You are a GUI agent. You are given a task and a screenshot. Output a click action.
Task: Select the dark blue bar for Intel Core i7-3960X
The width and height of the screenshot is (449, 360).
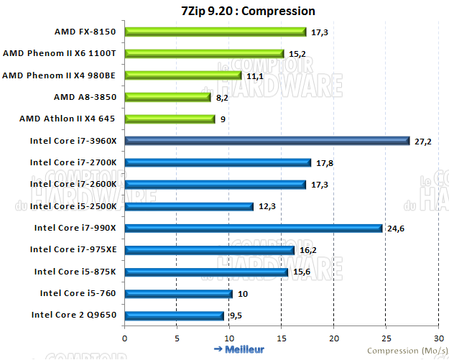click(x=267, y=141)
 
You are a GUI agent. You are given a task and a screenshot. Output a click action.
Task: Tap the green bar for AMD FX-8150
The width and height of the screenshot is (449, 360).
click(x=216, y=32)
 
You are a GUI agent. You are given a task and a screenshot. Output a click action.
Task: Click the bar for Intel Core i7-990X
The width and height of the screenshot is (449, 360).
click(x=254, y=229)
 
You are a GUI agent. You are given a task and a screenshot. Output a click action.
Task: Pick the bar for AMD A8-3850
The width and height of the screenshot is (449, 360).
click(x=168, y=97)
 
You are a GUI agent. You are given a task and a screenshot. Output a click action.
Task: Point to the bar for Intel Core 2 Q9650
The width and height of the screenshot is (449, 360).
click(x=175, y=315)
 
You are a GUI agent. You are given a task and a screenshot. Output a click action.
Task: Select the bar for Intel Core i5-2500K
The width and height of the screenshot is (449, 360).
click(x=189, y=206)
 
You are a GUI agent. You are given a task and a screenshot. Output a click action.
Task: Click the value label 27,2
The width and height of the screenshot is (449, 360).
click(x=423, y=142)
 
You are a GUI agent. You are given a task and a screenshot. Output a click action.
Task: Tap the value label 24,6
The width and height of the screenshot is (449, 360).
click(x=396, y=229)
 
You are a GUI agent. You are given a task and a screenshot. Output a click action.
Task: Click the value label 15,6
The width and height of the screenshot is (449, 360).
click(x=301, y=272)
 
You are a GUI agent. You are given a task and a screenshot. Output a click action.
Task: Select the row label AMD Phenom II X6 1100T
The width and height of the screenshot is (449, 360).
click(x=60, y=53)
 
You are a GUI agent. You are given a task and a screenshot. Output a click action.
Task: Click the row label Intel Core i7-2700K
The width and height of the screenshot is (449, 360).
click(x=73, y=162)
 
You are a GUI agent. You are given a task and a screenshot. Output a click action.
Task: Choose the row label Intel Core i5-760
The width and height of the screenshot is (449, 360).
click(x=78, y=293)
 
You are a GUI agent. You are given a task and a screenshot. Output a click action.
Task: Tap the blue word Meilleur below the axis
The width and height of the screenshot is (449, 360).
click(x=244, y=349)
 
